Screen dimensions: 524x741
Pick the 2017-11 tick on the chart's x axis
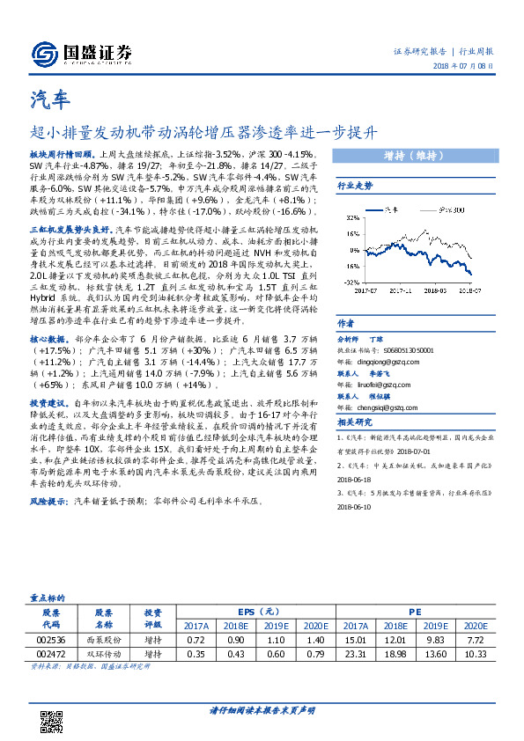click(x=401, y=287)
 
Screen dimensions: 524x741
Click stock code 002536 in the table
click(x=51, y=641)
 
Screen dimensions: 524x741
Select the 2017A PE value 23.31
click(x=356, y=656)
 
